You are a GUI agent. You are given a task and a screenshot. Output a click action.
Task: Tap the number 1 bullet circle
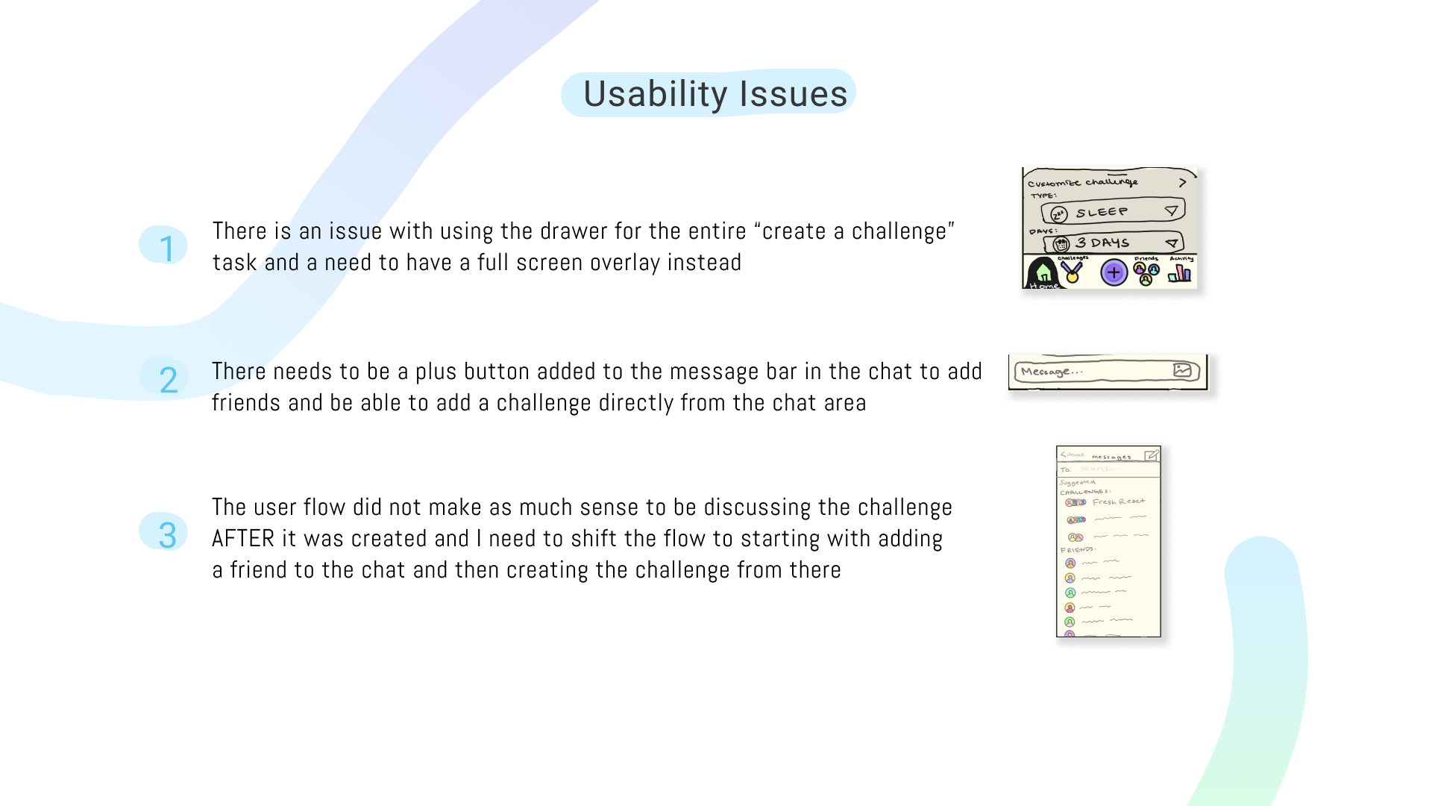pos(163,246)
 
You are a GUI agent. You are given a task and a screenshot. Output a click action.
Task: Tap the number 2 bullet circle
pos(165,378)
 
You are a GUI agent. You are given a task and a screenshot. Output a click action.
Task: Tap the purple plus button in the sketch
pos(1114,272)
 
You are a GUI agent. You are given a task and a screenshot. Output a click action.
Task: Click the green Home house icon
pos(1043,273)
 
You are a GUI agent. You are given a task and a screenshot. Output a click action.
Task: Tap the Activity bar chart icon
pos(1179,273)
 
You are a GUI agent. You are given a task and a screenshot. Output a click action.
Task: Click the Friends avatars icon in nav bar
pos(1146,272)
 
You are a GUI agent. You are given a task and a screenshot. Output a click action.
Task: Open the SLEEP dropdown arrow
pos(1172,211)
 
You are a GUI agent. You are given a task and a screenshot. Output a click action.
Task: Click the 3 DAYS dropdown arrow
pos(1172,243)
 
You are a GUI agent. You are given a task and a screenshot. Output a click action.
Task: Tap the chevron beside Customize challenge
pos(1182,182)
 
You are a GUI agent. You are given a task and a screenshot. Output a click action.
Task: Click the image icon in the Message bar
pos(1182,370)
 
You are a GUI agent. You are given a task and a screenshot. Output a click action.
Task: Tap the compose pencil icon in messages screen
pos(1151,455)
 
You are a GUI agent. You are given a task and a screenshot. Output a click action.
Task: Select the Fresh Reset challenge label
pos(1118,502)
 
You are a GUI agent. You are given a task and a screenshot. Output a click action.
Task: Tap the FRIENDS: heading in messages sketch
pos(1077,549)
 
